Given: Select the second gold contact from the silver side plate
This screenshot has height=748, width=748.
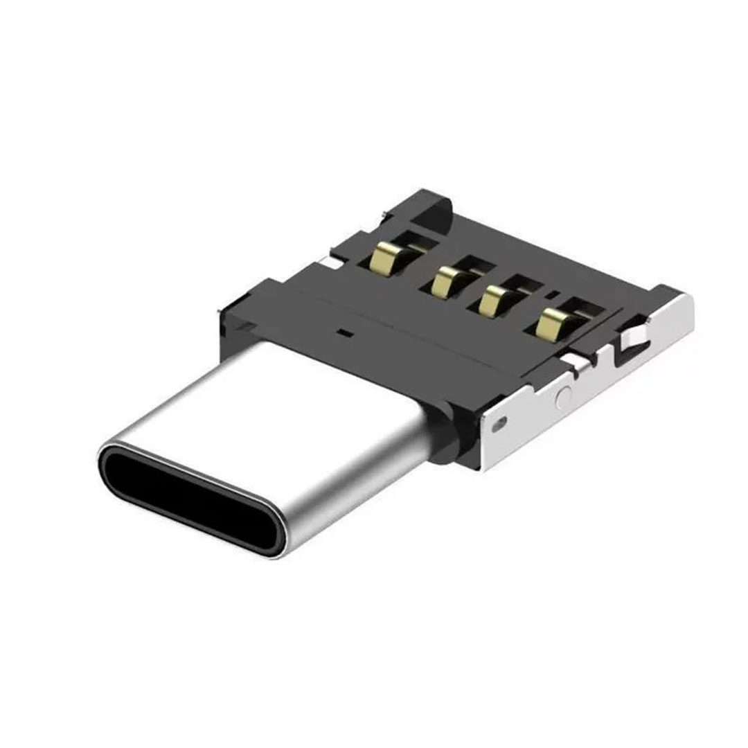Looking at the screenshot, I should [x=493, y=299].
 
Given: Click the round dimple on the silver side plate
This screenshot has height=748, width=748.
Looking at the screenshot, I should [x=564, y=398].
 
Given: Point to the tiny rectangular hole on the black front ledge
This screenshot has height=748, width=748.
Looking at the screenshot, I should [x=344, y=333].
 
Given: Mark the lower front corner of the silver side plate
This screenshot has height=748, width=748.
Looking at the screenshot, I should [x=485, y=467].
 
